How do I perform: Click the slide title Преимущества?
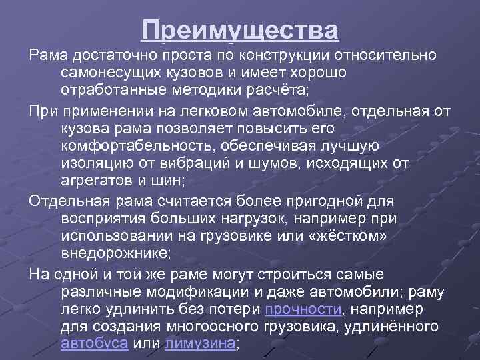(239, 31)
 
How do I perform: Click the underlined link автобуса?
(94, 343)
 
